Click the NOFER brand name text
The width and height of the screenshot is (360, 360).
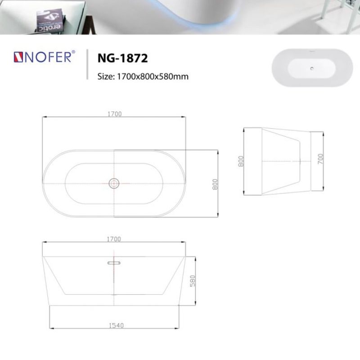click(x=48, y=57)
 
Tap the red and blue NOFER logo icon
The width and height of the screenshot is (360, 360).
click(x=18, y=57)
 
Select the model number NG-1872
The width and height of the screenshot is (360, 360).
click(x=122, y=58)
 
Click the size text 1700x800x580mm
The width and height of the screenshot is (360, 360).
click(x=153, y=76)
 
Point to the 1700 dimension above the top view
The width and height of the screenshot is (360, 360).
click(x=115, y=114)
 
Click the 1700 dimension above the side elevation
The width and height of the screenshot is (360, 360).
click(x=114, y=239)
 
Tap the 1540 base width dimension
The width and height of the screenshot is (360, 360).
click(x=116, y=325)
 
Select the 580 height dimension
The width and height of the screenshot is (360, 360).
click(x=193, y=281)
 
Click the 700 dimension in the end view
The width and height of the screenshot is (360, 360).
click(x=320, y=159)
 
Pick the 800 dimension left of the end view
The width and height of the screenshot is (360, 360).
click(x=241, y=161)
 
